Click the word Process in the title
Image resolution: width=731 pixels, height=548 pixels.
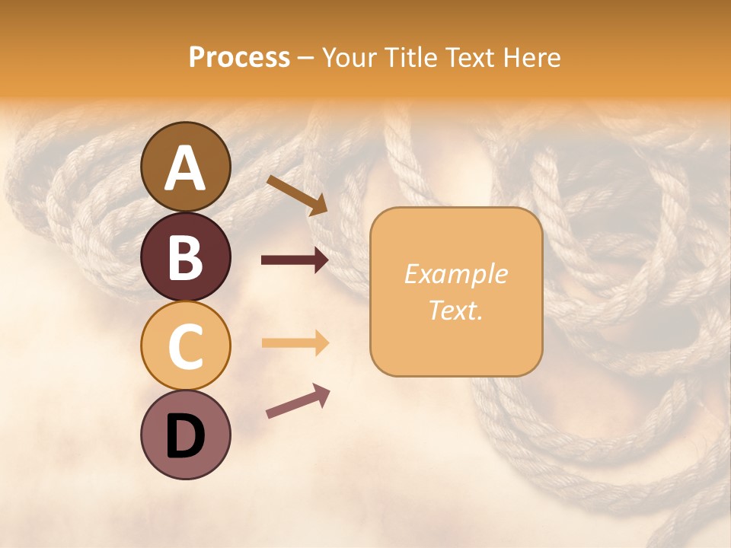click(x=239, y=58)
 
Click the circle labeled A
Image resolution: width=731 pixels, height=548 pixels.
click(x=186, y=167)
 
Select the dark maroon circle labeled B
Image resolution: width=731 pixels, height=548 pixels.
click(x=186, y=256)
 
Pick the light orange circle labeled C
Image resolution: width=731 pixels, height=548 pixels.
click(x=186, y=346)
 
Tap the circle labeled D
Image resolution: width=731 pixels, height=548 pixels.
click(x=186, y=435)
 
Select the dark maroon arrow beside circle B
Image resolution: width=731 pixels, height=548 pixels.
click(x=295, y=260)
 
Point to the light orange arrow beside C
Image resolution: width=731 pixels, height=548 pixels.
click(x=295, y=342)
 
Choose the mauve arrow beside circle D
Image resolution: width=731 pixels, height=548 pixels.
click(x=298, y=401)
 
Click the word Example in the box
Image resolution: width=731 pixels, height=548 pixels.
click(x=456, y=274)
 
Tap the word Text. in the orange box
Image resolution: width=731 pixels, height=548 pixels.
click(x=456, y=310)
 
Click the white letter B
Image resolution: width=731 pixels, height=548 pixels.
click(x=186, y=257)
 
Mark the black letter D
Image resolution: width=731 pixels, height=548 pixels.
click(x=186, y=436)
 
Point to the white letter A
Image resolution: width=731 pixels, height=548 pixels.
click(x=186, y=168)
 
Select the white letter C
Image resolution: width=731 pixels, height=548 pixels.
click(x=186, y=346)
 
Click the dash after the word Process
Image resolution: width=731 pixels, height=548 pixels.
click(x=306, y=59)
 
